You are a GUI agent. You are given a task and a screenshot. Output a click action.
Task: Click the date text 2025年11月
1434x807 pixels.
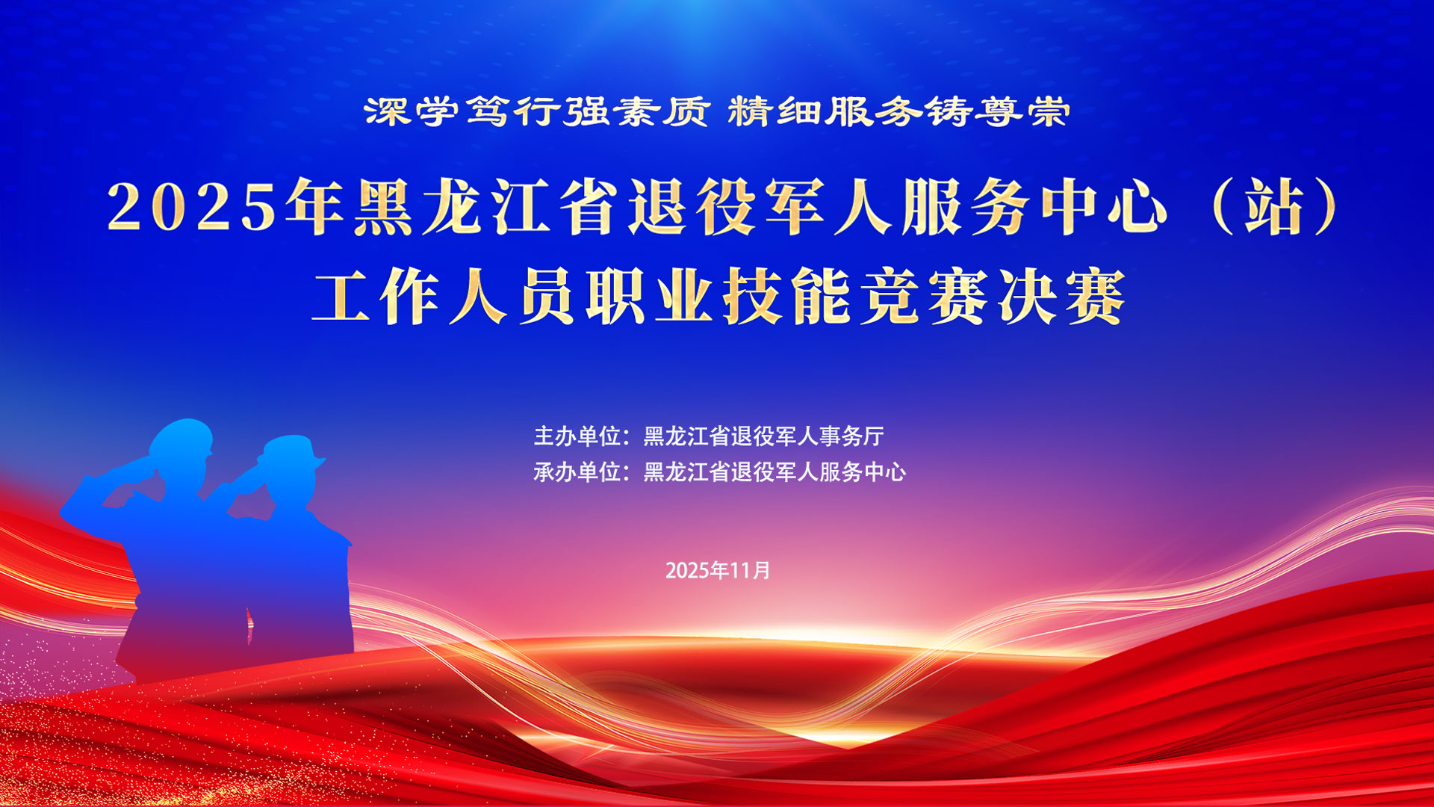(718, 571)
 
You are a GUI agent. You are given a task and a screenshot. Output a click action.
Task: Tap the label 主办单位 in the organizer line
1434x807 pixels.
(577, 436)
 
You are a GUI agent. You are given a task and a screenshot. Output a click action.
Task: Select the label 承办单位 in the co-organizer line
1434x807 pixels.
(577, 471)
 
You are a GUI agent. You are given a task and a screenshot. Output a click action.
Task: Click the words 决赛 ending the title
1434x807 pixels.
(1061, 297)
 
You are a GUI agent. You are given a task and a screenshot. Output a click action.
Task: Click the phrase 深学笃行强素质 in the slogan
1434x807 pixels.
(536, 112)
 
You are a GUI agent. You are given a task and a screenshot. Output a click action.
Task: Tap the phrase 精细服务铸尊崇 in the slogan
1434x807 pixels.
(898, 112)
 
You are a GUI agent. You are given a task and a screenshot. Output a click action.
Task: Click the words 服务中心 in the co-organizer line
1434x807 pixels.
(863, 471)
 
